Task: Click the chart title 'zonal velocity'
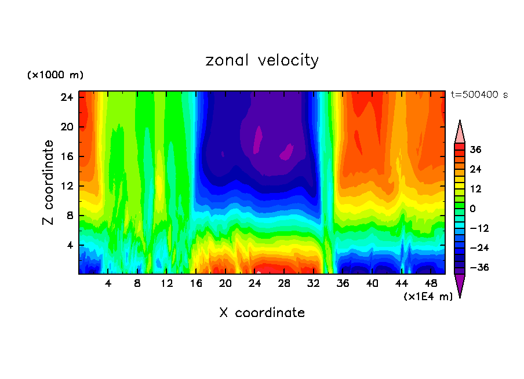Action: [x=262, y=60]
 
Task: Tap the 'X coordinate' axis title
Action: [x=262, y=313]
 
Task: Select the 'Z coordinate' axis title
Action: [x=49, y=183]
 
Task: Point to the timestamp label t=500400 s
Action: [x=479, y=94]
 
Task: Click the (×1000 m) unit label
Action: [x=55, y=75]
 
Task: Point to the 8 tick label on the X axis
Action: [x=137, y=283]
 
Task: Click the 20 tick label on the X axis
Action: [x=225, y=283]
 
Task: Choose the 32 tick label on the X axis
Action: [x=314, y=283]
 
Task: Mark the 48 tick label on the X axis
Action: [x=431, y=283]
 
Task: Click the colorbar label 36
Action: [x=476, y=150]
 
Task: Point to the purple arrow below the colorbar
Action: [x=460, y=285]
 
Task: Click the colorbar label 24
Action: [x=476, y=169]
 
